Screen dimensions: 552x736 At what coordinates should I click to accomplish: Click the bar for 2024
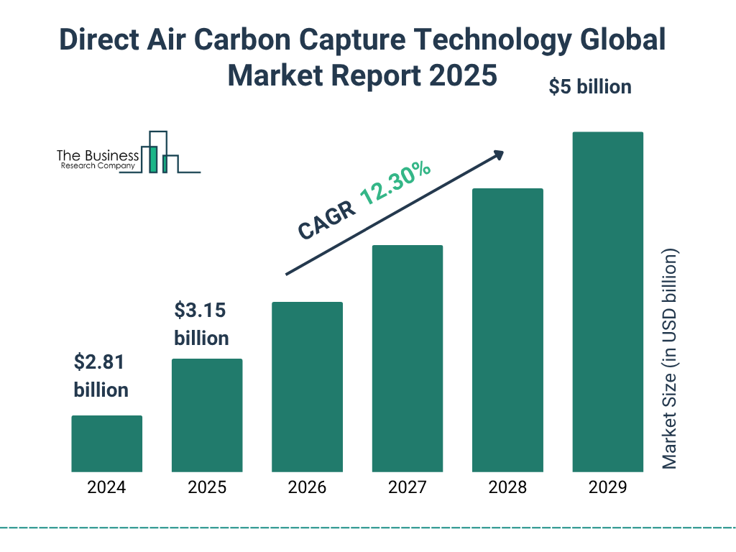106,443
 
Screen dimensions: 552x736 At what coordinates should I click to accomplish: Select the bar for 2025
207,415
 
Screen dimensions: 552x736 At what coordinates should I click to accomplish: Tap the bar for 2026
307,387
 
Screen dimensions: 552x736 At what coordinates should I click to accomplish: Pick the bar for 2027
407,359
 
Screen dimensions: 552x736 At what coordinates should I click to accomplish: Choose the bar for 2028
507,330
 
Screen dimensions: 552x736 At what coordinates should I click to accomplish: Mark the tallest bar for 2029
607,302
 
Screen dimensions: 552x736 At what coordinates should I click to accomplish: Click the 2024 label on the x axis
106,487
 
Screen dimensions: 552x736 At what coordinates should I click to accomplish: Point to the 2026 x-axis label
307,487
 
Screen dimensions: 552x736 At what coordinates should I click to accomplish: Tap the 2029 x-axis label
607,487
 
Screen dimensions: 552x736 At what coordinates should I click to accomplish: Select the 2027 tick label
407,487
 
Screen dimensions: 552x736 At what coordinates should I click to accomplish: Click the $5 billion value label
589,87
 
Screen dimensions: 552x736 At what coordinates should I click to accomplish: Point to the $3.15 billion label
201,324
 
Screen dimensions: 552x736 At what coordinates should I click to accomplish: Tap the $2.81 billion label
101,376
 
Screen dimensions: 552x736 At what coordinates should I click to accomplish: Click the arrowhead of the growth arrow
497,155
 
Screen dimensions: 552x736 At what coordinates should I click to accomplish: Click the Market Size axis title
670,359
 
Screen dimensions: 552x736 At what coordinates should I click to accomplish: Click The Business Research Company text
98,160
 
